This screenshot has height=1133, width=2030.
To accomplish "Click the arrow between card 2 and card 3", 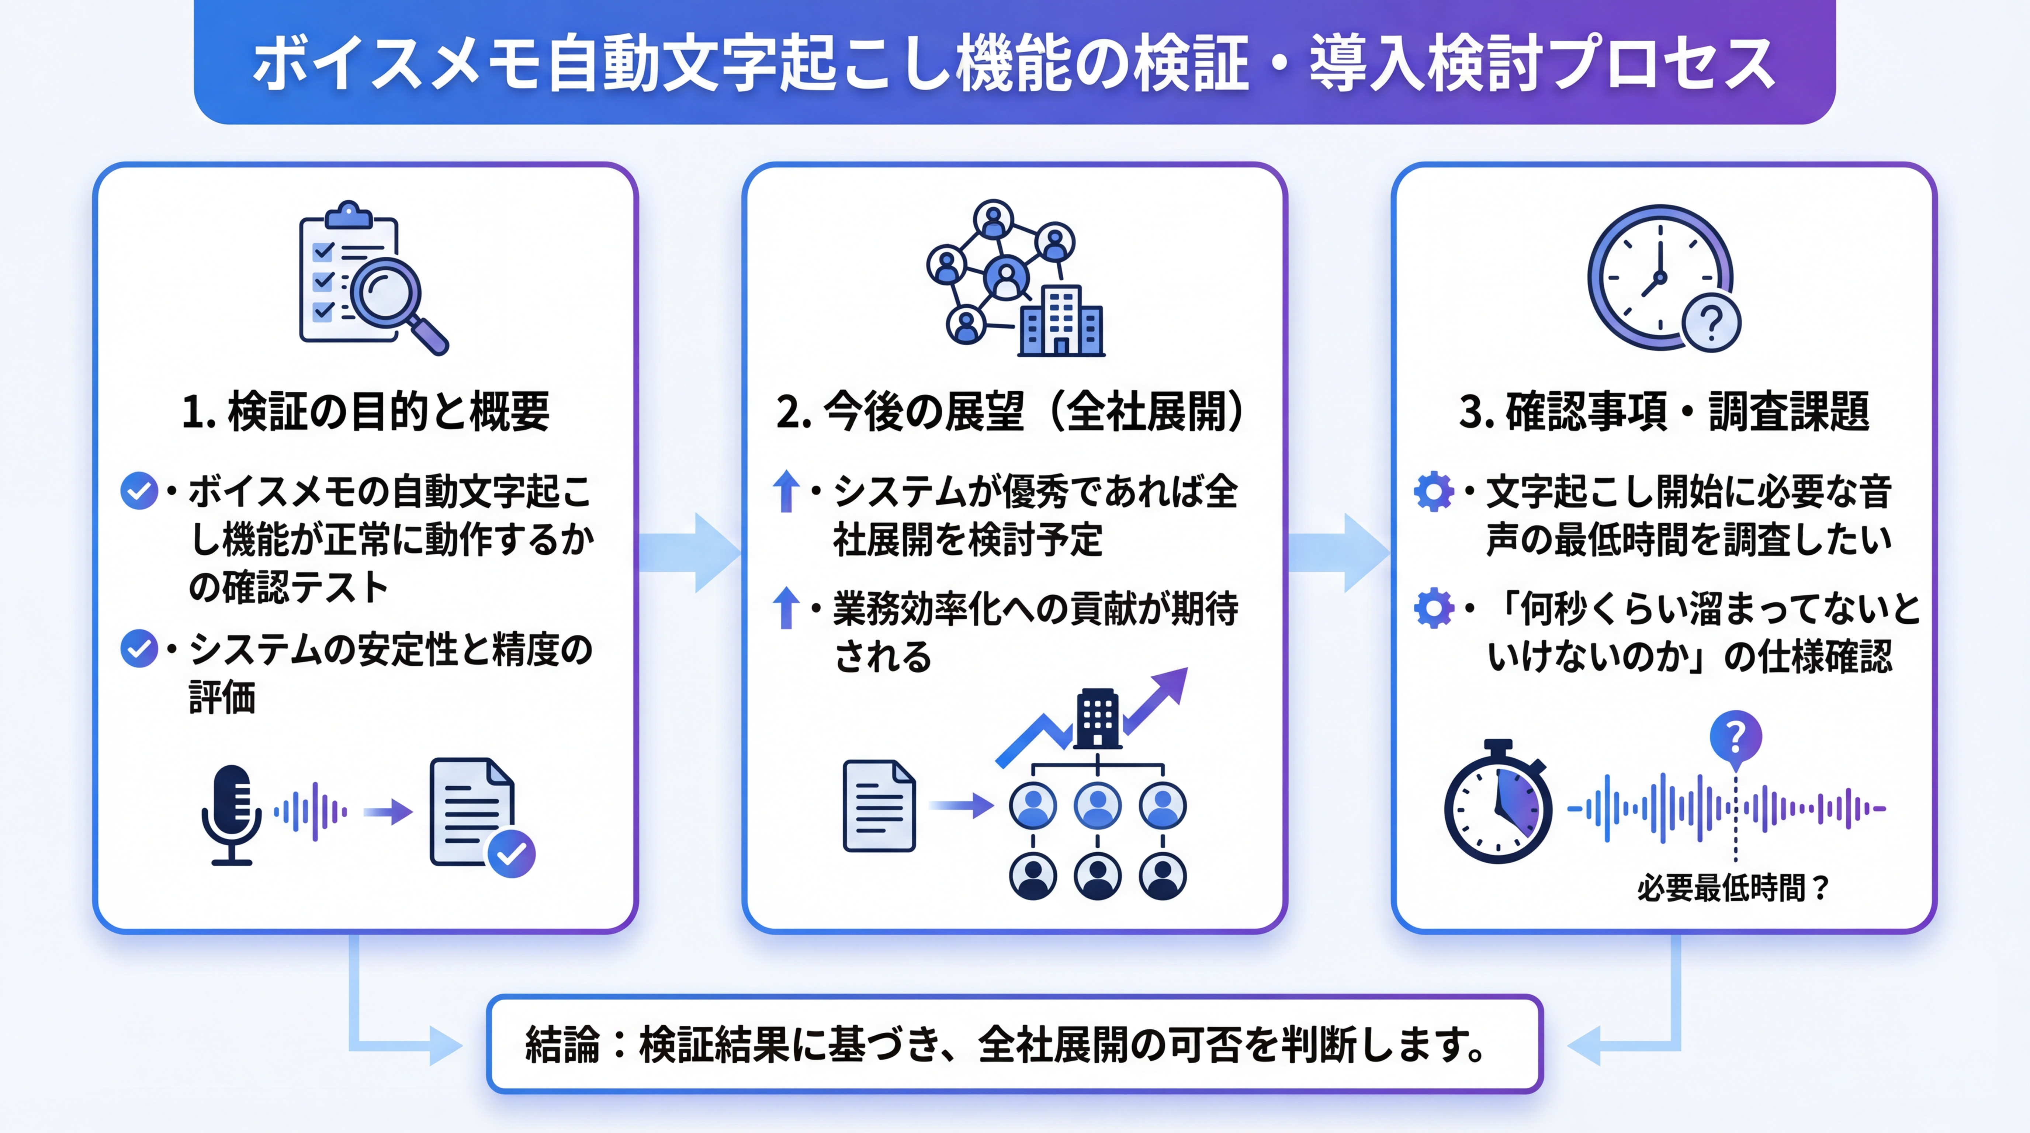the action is coord(1338,552).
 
